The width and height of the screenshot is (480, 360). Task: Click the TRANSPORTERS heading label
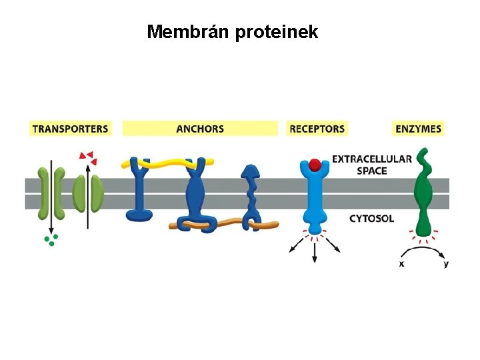pos(71,129)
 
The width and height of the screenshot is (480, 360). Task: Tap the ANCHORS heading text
pos(200,129)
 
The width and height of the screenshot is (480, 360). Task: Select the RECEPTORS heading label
pos(317,129)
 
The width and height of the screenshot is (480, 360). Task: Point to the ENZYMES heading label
pos(418,129)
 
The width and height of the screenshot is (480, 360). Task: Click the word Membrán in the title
pos(187,31)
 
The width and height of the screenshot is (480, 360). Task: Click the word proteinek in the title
pos(277,32)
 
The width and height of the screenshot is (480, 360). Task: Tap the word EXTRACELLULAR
pos(372,159)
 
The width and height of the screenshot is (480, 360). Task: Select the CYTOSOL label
pos(371,219)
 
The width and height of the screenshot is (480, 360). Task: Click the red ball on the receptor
pos(315,165)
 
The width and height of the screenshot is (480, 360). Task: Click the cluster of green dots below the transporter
pos(51,240)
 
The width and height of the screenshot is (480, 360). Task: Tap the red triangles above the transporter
pos(88,157)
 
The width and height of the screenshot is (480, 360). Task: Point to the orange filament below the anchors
pos(224,225)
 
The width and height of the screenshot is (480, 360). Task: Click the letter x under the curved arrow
pos(401,264)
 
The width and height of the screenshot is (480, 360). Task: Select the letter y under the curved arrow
pos(446,264)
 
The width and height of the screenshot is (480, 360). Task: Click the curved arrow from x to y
pos(423,248)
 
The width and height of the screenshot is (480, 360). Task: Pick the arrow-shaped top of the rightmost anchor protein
pos(251,172)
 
